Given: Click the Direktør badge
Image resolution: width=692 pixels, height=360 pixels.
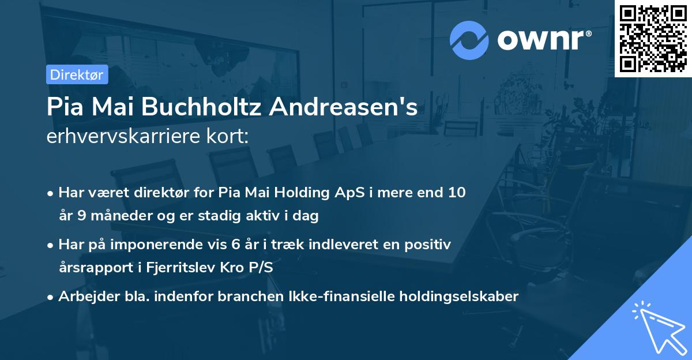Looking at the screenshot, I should tap(76, 74).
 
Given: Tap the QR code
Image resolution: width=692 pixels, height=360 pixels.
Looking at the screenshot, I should tap(653, 38).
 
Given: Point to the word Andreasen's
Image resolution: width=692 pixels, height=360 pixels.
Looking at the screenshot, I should tap(356, 107).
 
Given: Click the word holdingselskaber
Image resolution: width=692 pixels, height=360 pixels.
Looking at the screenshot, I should tap(461, 297).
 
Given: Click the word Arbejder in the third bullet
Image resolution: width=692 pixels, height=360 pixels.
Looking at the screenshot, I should tap(84, 297).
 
